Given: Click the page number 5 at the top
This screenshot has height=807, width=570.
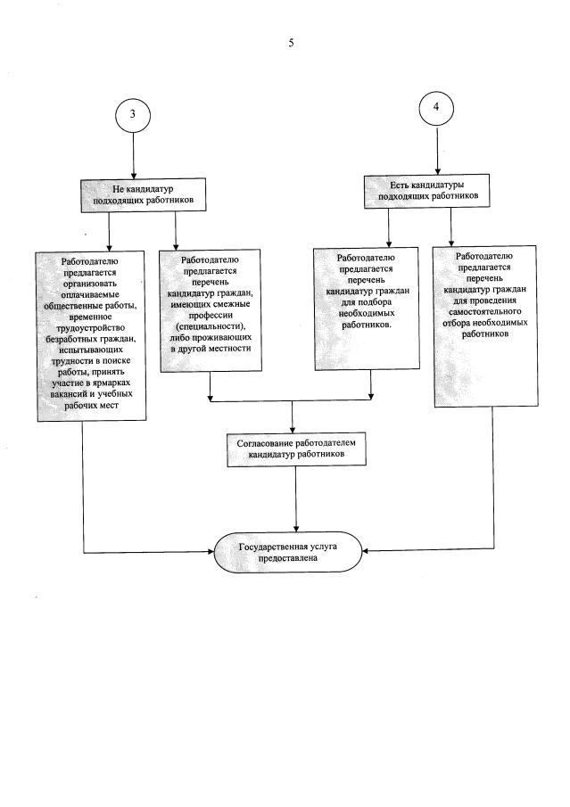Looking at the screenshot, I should pos(291,43).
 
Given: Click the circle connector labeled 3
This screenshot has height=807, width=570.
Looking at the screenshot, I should pos(133,114).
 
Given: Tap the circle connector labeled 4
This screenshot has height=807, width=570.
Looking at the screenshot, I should pos(436,107).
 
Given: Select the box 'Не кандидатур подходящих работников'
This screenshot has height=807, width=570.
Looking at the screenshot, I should pos(137,195).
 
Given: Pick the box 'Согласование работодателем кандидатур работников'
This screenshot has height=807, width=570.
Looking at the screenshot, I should pos(296,449).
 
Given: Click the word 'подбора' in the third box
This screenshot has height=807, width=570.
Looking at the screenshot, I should pos(367,303).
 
